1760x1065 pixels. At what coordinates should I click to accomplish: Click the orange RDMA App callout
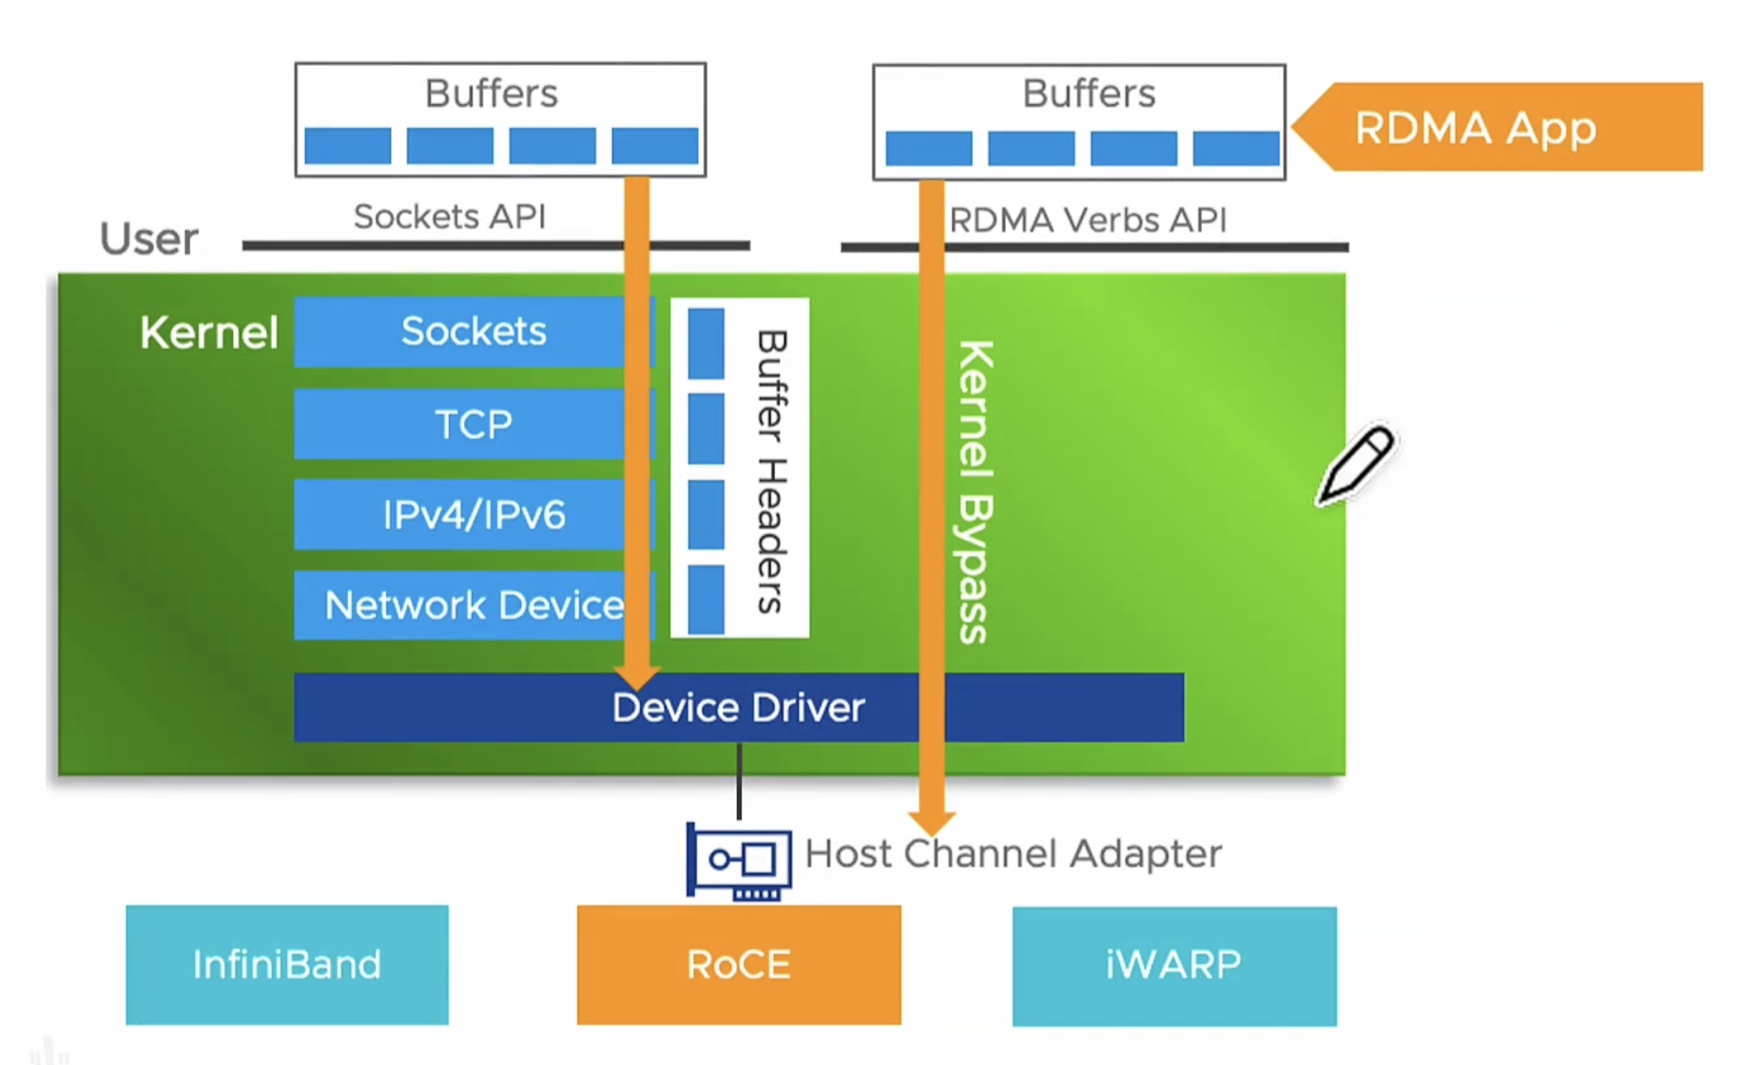point(1500,127)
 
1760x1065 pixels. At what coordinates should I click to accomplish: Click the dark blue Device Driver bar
point(738,708)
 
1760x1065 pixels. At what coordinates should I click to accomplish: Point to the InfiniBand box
point(287,964)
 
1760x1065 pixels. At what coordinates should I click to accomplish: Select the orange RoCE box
point(738,964)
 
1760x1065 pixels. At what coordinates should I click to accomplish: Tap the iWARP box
point(1174,966)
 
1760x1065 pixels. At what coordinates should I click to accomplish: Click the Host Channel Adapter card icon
point(739,861)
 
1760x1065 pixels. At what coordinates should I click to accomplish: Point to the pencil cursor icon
point(1356,465)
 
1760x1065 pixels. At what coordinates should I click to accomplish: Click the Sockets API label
point(450,217)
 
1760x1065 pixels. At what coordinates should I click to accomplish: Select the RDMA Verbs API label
point(1087,220)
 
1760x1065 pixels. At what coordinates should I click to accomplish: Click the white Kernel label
point(209,332)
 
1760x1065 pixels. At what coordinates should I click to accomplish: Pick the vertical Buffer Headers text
point(772,472)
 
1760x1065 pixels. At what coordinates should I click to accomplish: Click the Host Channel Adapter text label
point(1013,853)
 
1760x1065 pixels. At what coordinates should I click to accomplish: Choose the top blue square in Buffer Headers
point(706,343)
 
